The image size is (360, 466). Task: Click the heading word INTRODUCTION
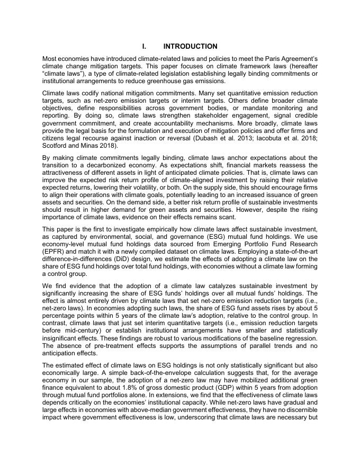pyautogui.click(x=190, y=47)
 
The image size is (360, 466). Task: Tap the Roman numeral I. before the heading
pyautogui.click(x=145, y=47)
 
